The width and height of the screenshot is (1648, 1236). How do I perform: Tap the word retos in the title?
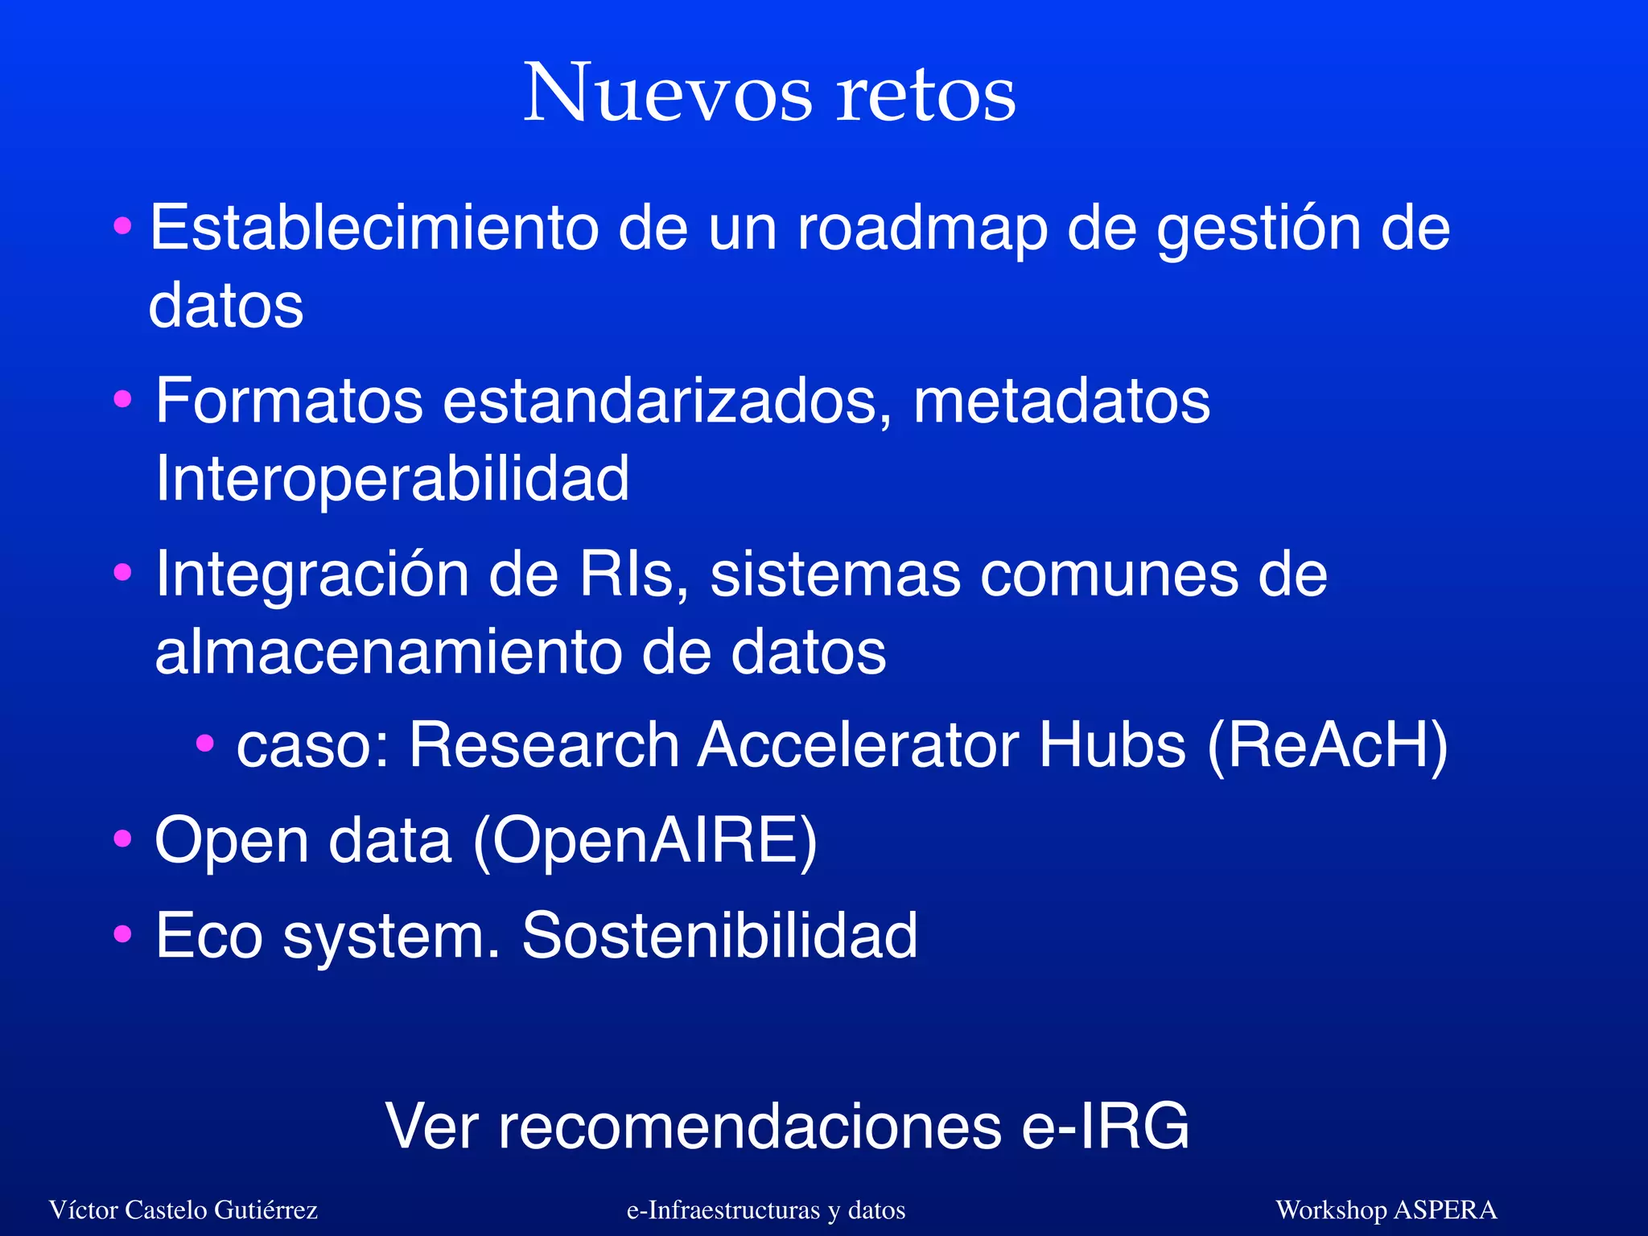925,97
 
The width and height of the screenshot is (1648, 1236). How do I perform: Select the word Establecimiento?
374,228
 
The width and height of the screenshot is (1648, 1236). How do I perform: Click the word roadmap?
922,230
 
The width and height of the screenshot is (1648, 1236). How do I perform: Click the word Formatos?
289,400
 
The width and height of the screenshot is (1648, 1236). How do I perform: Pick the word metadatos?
1061,400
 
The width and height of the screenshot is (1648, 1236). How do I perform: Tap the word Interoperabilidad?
392,478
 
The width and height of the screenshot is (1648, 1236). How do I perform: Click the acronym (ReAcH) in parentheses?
1328,746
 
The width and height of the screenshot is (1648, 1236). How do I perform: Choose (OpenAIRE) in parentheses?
645,841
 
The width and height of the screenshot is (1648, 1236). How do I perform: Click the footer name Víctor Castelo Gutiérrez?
183,1209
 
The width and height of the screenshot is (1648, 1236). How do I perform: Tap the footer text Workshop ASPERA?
1386,1209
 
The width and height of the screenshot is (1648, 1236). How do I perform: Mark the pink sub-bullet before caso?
205,743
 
